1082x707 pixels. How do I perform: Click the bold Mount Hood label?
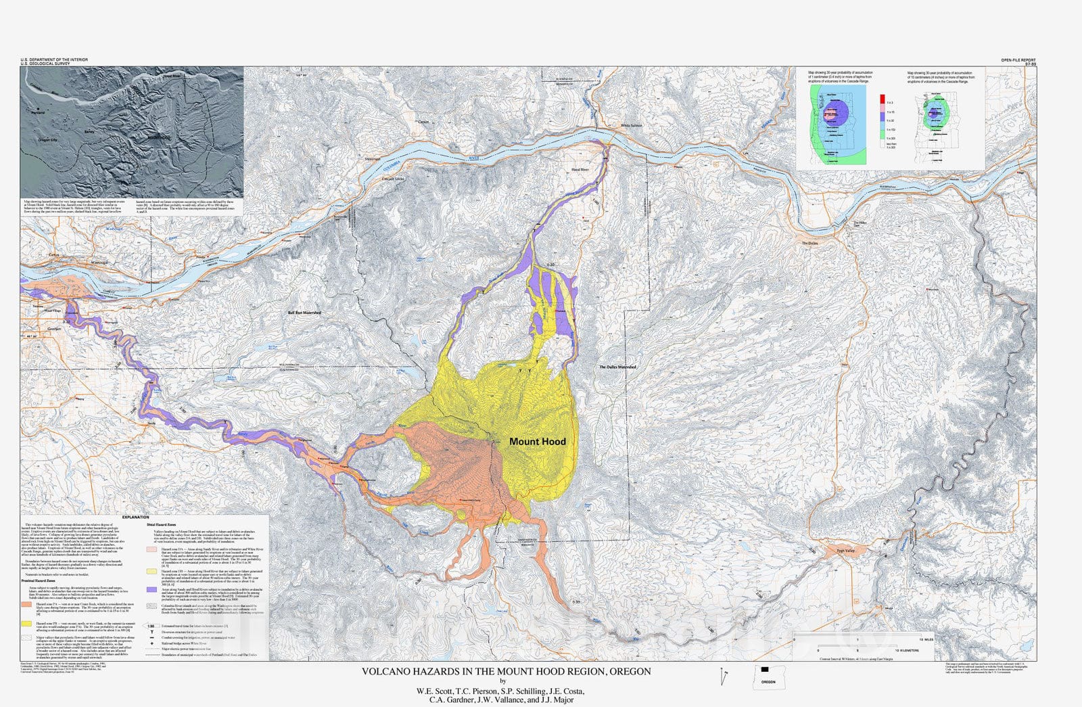pos(537,442)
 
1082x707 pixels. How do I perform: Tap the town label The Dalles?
pos(809,244)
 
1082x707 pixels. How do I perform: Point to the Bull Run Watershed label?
pos(304,313)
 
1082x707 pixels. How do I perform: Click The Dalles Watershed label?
pos(617,367)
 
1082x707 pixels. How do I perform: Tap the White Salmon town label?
pos(632,126)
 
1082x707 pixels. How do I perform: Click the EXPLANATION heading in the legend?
pos(136,518)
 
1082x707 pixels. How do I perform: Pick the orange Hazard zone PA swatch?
pos(26,603)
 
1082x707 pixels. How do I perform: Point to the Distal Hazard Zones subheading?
pos(162,524)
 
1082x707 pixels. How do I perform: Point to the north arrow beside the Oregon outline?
pos(724,675)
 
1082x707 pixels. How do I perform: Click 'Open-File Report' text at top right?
pos(1018,60)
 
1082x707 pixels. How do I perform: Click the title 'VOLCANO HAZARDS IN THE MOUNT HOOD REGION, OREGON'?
pos(506,672)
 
